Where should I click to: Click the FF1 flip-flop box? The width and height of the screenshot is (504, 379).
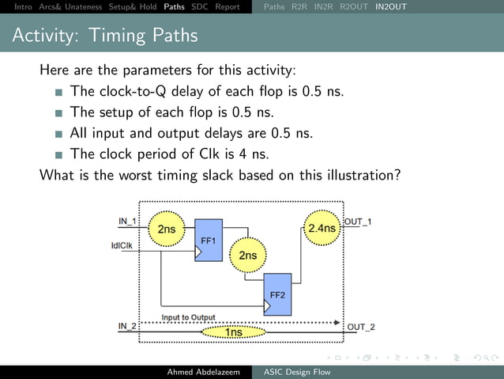pyautogui.click(x=209, y=240)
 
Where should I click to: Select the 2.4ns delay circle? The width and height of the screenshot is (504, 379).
pyautogui.click(x=322, y=229)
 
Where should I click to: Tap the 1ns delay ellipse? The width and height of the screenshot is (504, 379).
pyautogui.click(x=235, y=332)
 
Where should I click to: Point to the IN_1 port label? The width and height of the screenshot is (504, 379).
pyautogui.click(x=127, y=220)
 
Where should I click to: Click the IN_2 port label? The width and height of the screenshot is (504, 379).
pyautogui.click(x=127, y=326)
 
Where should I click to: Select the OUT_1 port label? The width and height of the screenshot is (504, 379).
pyautogui.click(x=360, y=221)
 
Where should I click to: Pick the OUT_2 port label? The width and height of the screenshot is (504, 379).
pyautogui.click(x=361, y=327)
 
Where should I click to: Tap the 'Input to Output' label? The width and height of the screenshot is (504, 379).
pyautogui.click(x=189, y=317)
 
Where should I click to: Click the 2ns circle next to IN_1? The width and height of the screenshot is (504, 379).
pyautogui.click(x=167, y=229)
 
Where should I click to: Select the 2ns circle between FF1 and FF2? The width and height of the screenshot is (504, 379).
pyautogui.click(x=248, y=255)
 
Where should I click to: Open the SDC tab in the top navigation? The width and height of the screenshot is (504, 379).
pyautogui.click(x=200, y=7)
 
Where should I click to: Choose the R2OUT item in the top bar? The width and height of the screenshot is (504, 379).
pyautogui.click(x=353, y=7)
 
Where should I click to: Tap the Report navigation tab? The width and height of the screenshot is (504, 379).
pyautogui.click(x=228, y=7)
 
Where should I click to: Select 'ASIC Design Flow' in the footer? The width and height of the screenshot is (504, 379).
pyautogui.click(x=296, y=372)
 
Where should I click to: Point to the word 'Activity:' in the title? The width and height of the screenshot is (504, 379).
pyautogui.click(x=46, y=36)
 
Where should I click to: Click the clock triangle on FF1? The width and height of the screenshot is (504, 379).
pyautogui.click(x=198, y=253)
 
